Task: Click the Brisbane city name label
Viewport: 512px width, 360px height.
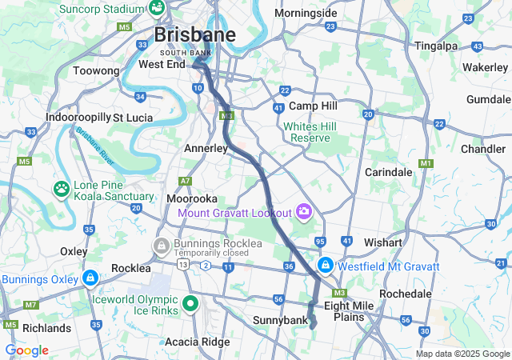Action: tap(194, 34)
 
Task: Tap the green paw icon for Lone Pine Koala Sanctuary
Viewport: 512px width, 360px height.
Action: tap(61, 190)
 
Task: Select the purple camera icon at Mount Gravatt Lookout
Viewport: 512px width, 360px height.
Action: tap(303, 212)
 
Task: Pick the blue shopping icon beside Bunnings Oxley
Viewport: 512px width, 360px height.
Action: tap(90, 279)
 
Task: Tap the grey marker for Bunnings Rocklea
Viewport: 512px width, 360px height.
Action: tap(162, 244)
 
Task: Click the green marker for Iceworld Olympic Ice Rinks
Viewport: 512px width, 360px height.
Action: tap(190, 303)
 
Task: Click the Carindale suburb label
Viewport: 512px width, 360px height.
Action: tap(388, 172)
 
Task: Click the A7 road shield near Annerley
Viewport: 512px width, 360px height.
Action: tap(186, 181)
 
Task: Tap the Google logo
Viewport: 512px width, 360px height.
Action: tap(26, 350)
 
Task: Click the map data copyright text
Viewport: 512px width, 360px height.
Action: tap(462, 354)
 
